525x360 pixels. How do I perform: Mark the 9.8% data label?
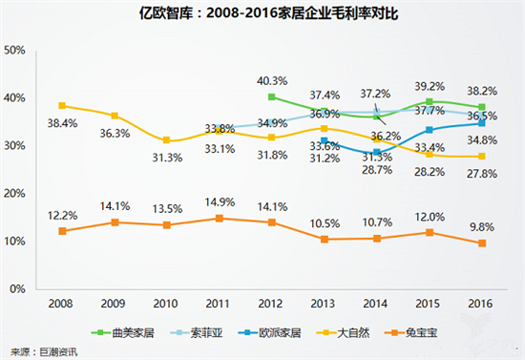pyautogui.click(x=483, y=227)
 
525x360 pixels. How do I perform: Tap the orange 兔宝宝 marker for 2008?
pyautogui.click(x=62, y=231)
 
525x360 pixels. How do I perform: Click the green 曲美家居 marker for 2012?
pyautogui.click(x=272, y=96)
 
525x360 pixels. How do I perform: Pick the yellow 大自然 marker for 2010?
pyautogui.click(x=167, y=140)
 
